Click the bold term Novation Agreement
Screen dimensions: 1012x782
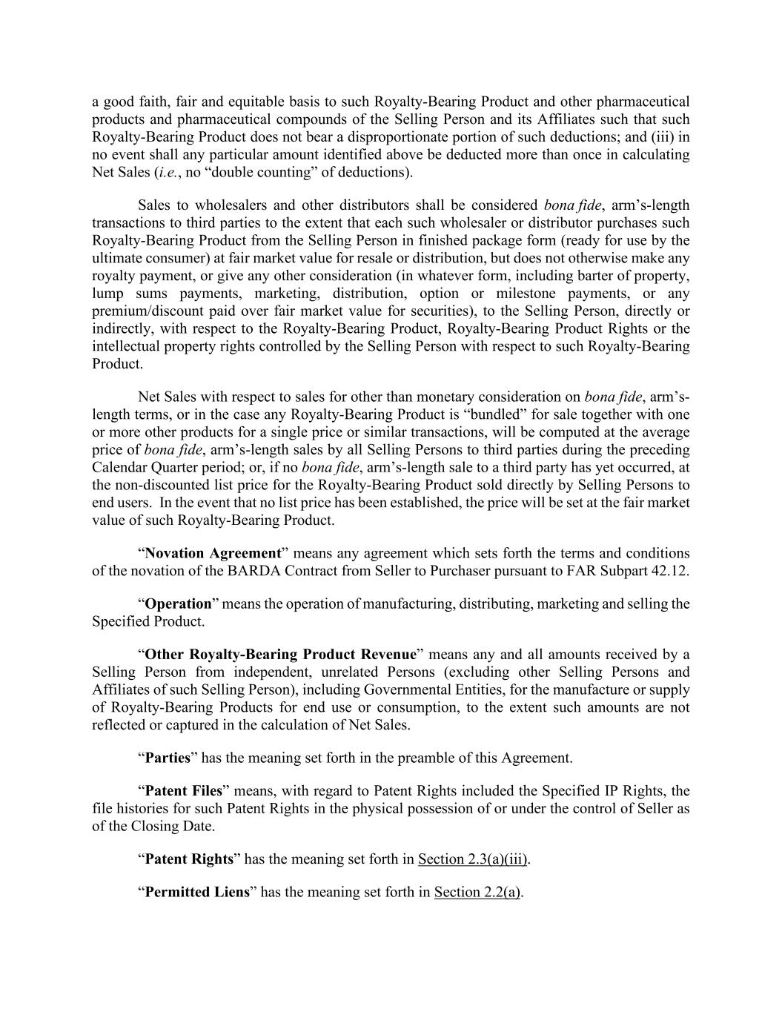[x=213, y=553]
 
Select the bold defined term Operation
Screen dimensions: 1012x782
[x=178, y=603]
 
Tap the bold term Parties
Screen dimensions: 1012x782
[x=168, y=758]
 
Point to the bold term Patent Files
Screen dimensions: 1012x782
[x=184, y=790]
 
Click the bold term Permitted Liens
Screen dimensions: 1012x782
[x=197, y=892]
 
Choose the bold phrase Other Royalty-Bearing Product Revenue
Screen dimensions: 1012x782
[x=281, y=654]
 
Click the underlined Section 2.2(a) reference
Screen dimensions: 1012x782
[x=477, y=892]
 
